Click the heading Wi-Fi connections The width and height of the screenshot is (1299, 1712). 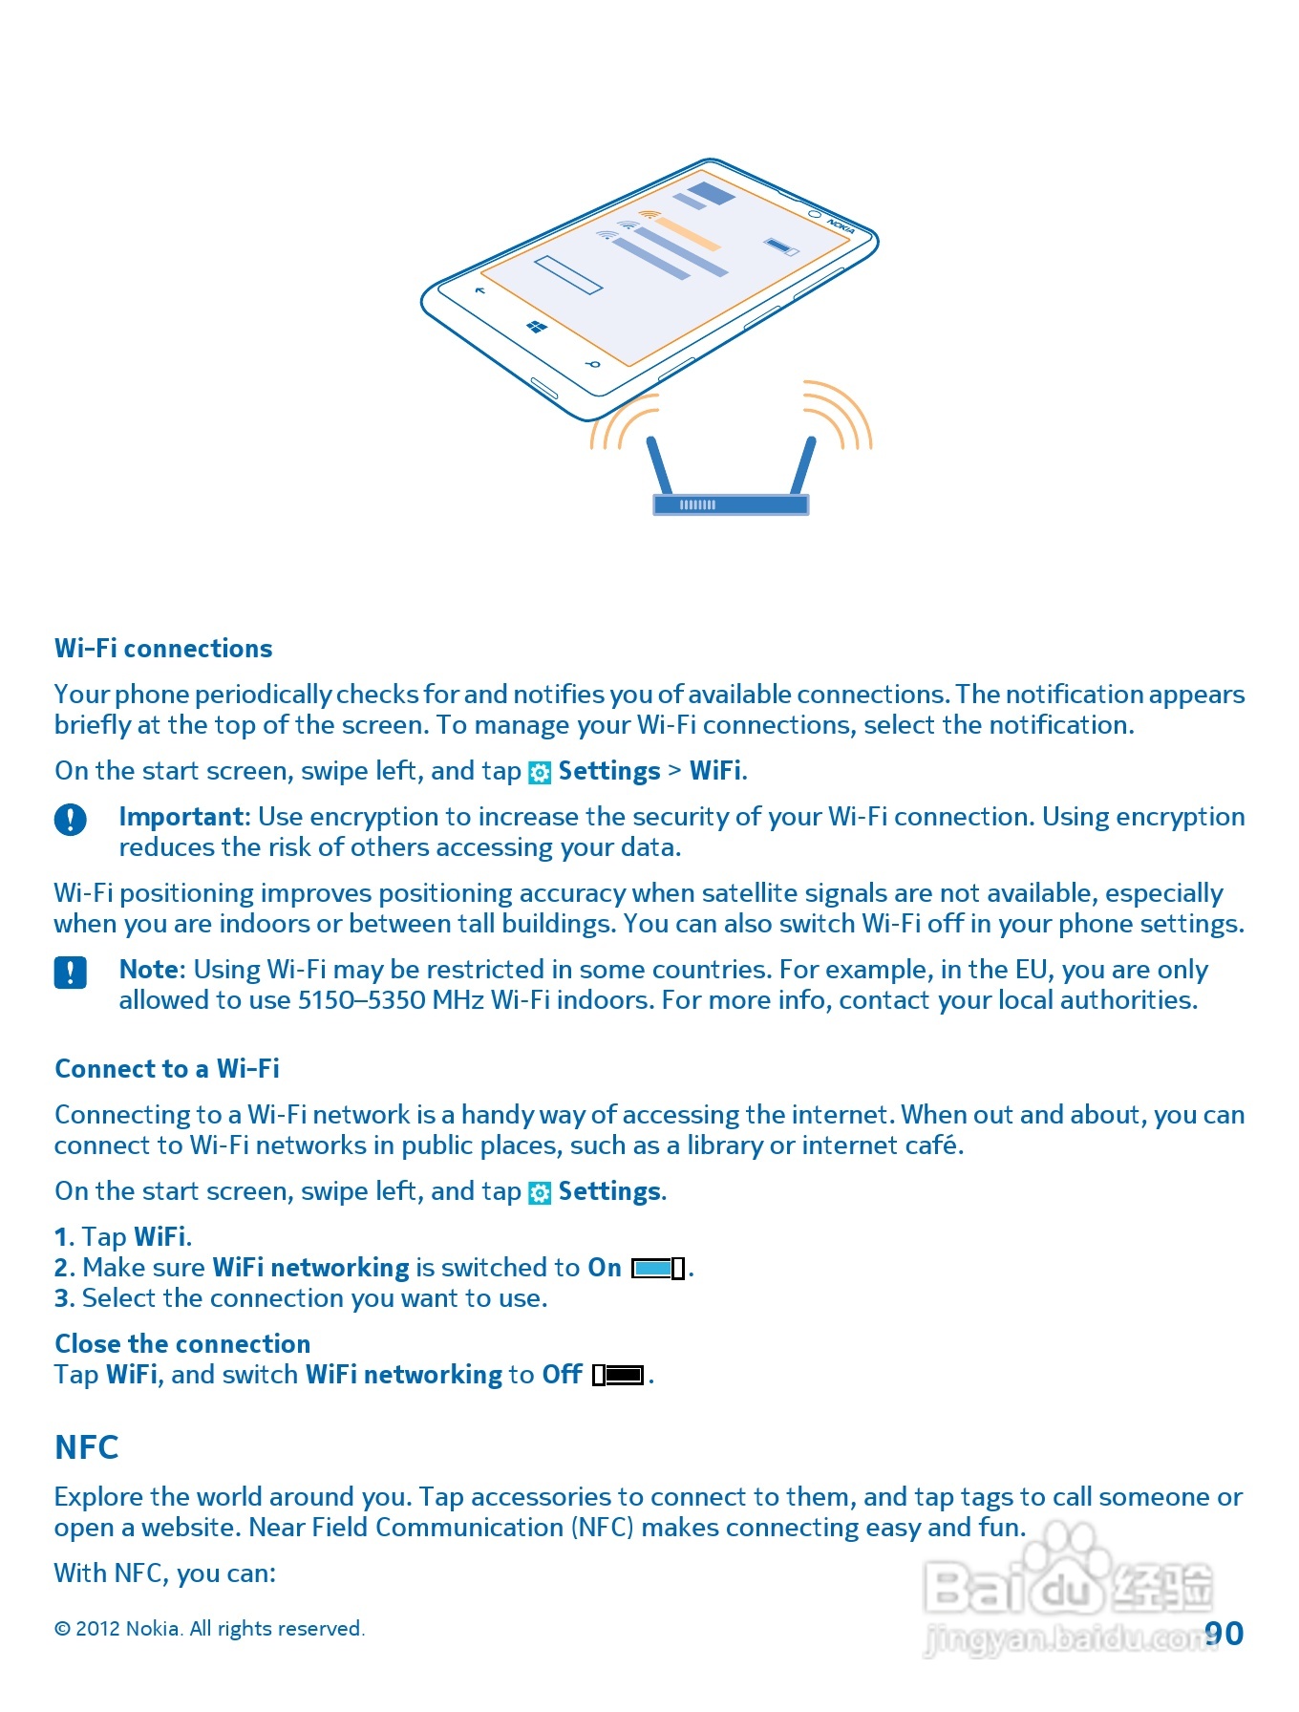click(163, 649)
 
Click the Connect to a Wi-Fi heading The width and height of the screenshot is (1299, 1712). click(167, 1069)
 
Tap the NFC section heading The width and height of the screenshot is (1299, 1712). click(87, 1447)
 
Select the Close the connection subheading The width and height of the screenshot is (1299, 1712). click(182, 1344)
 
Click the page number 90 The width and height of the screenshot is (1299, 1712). click(1224, 1634)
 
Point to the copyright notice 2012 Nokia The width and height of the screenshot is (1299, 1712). click(209, 1629)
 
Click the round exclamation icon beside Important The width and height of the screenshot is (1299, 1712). click(71, 820)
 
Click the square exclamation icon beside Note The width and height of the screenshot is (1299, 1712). click(71, 973)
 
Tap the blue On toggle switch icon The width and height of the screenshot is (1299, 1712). click(657, 1269)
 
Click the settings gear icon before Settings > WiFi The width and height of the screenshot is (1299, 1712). click(540, 773)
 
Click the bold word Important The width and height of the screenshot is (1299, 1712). click(182, 817)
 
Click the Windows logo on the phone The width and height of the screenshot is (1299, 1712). click(537, 328)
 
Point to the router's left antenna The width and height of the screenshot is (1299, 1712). click(660, 465)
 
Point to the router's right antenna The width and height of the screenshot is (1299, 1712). click(802, 465)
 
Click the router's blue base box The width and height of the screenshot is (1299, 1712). click(731, 504)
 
